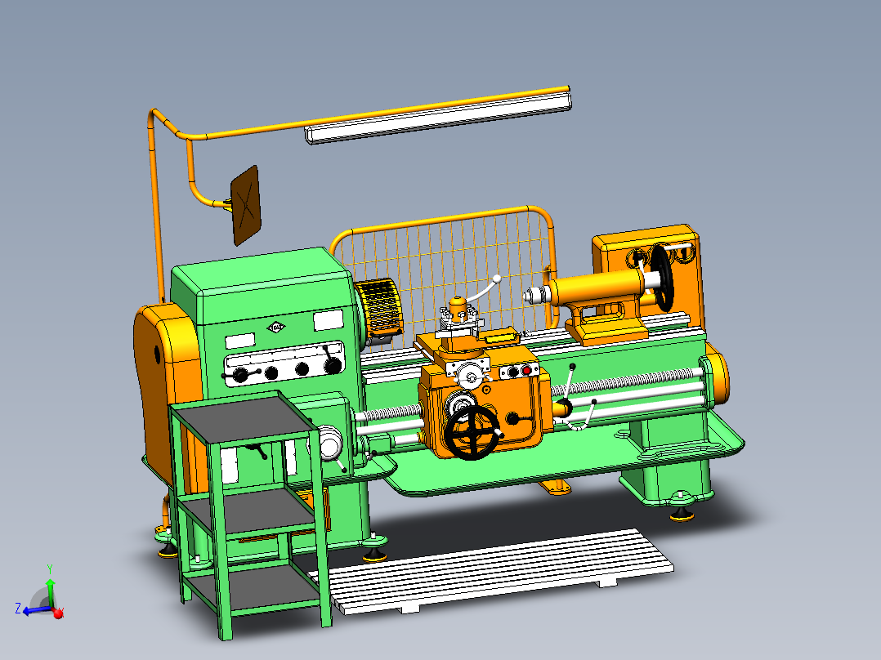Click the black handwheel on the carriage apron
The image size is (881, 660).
coord(472,431)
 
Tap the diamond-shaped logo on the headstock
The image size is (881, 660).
coord(276,328)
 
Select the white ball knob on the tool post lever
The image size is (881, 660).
coord(496,279)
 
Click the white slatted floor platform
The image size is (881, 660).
coord(499,572)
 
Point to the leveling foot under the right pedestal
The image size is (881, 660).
coord(679,512)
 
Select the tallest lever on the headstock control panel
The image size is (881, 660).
coord(331,358)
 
